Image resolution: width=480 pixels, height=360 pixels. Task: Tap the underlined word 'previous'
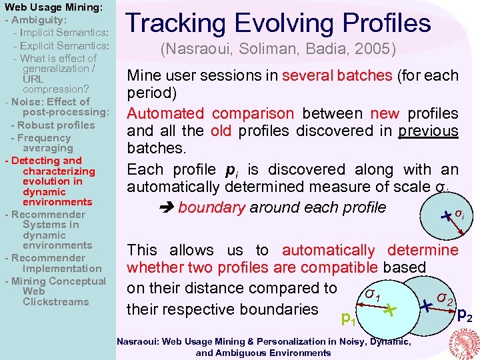(428, 131)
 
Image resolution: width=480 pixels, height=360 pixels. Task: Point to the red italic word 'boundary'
(211, 207)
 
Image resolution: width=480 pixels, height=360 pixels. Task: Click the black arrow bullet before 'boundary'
(167, 208)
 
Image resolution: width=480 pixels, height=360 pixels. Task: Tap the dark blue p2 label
(467, 316)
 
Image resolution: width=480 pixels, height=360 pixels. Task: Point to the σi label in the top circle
(459, 214)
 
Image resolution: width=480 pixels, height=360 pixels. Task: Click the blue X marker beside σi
(446, 215)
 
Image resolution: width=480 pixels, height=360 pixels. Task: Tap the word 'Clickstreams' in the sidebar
(55, 302)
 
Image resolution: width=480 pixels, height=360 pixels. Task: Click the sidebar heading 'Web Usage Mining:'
(53, 7)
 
